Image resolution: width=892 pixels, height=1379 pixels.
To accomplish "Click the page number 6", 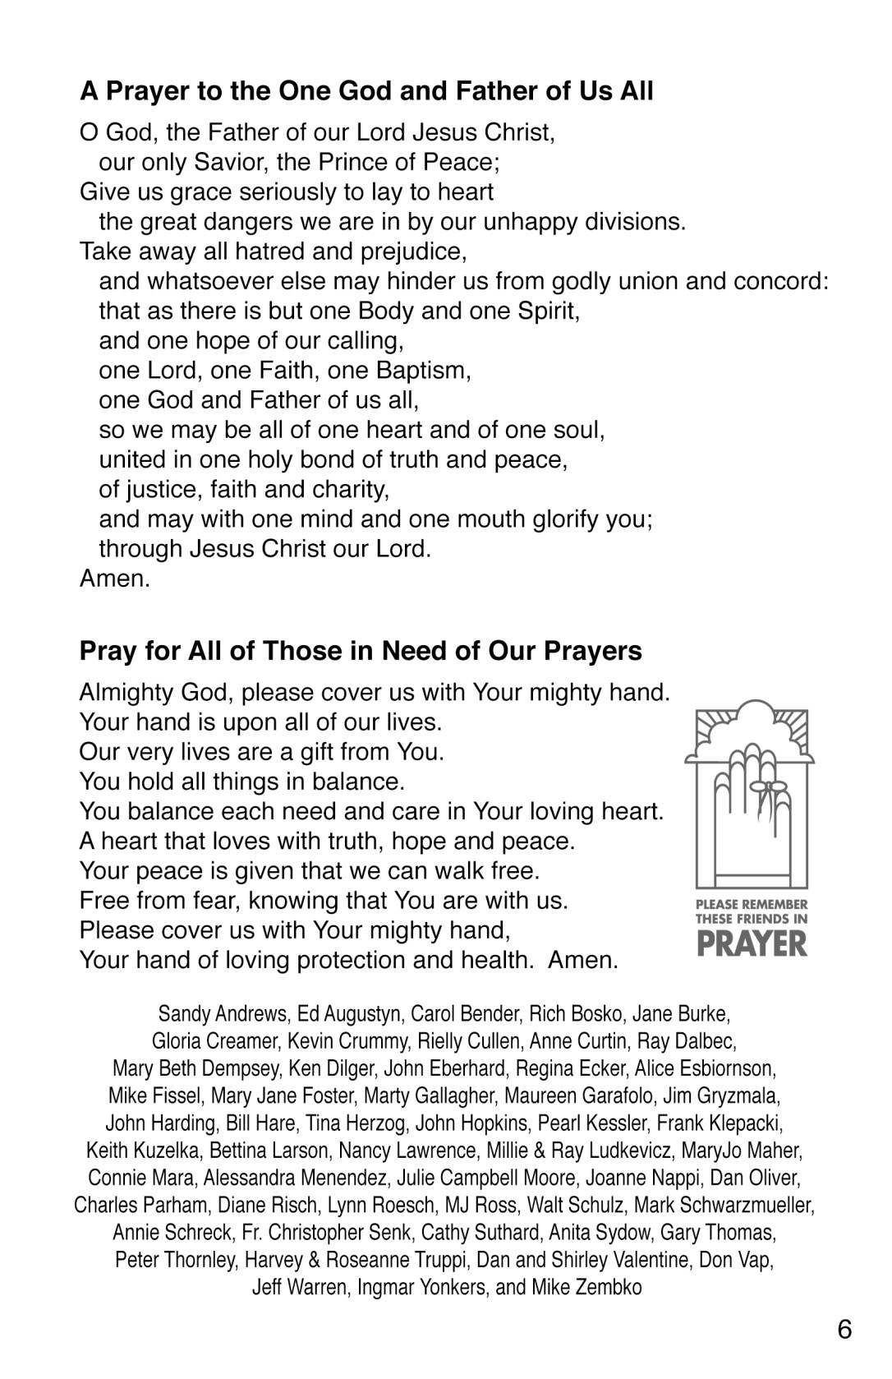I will [845, 1330].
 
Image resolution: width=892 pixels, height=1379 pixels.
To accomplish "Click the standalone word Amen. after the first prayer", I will [115, 579].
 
